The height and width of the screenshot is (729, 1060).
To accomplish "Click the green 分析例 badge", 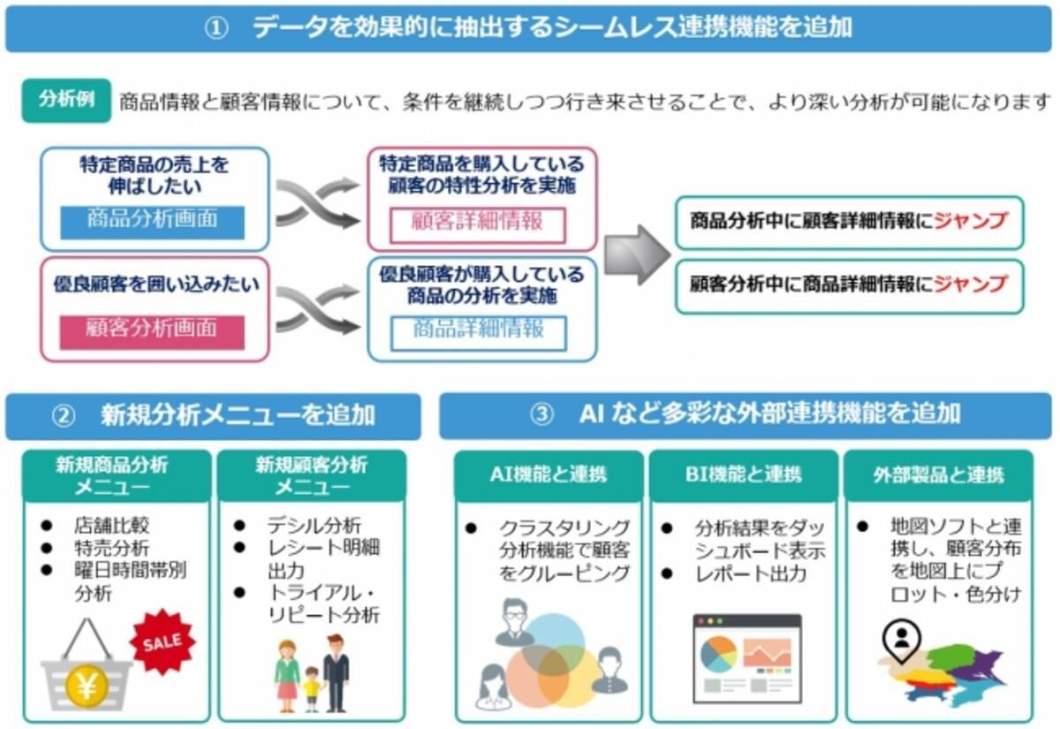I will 66,100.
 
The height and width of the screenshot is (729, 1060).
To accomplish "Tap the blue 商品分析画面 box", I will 152,220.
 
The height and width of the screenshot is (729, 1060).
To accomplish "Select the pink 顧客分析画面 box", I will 152,330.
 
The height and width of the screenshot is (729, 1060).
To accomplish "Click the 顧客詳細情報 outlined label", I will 477,222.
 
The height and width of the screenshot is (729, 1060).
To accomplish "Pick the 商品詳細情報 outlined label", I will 479,330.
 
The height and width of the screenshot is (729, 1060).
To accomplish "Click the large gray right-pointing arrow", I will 637,255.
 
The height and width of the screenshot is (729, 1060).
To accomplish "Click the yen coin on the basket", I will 86,684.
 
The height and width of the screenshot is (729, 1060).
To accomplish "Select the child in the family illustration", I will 310,686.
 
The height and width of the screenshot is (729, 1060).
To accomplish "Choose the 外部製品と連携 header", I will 937,475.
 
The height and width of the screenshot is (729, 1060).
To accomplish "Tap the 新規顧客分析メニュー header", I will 311,475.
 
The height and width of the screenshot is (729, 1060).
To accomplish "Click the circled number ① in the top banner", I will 216,27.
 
